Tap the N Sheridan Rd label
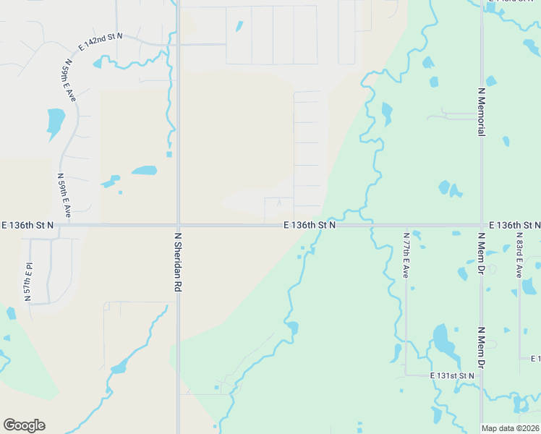pyautogui.click(x=177, y=262)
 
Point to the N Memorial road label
pyautogui.click(x=481, y=111)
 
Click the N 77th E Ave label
pyautogui.click(x=406, y=255)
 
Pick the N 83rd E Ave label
pyautogui.click(x=519, y=255)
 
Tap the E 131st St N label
pyautogui.click(x=452, y=376)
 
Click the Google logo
pyautogui.click(x=24, y=425)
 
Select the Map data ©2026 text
pyautogui.click(x=511, y=428)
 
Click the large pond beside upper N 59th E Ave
pyautogui.click(x=55, y=121)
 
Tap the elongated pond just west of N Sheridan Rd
pyautogui.click(x=144, y=171)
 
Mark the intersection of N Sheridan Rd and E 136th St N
pyautogui.click(x=178, y=225)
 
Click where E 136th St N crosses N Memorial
pyautogui.click(x=482, y=225)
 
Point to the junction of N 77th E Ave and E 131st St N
pyautogui.click(x=406, y=375)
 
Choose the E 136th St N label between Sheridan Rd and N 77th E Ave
pyautogui.click(x=310, y=226)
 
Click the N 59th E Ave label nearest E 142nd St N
pyautogui.click(x=69, y=80)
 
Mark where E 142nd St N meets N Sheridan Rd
pyautogui.click(x=178, y=44)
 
